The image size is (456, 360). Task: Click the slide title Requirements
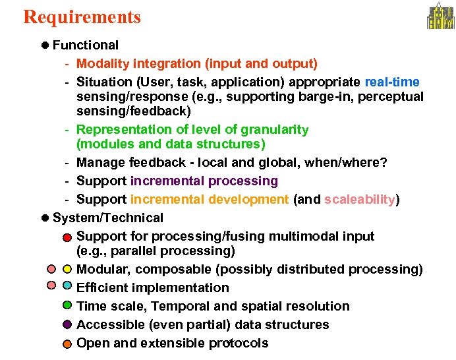click(x=82, y=16)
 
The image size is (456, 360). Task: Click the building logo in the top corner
click(x=440, y=16)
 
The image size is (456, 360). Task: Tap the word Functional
click(x=86, y=45)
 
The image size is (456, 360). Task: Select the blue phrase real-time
click(x=392, y=82)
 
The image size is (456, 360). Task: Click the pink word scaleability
click(x=360, y=200)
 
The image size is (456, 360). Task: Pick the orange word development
click(x=248, y=200)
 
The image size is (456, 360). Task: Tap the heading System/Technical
click(x=108, y=218)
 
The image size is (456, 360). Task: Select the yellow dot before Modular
click(x=67, y=269)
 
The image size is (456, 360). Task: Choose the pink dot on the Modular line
click(x=51, y=269)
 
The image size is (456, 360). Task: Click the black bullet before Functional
click(x=44, y=45)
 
